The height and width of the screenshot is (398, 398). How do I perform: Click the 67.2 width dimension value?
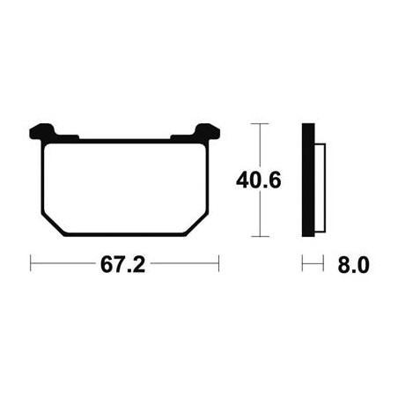tap(122, 264)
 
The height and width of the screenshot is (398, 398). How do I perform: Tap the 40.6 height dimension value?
tap(259, 181)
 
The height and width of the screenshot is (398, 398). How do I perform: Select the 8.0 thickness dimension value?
tap(353, 265)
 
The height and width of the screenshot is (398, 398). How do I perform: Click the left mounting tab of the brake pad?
tap(42, 131)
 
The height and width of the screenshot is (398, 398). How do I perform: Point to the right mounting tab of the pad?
tap(208, 131)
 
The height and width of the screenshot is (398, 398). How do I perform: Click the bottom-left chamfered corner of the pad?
tap(53, 225)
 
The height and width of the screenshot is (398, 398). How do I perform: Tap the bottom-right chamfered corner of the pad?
tap(197, 225)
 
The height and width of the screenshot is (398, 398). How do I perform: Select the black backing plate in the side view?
tap(308, 180)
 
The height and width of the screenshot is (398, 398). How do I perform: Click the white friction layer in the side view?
tap(320, 188)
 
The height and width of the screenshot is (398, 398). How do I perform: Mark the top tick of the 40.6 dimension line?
tap(260, 124)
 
